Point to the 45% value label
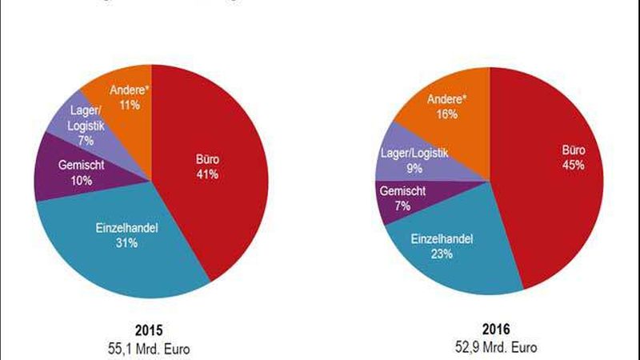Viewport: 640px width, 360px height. [x=573, y=166]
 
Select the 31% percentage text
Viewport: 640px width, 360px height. [x=125, y=242]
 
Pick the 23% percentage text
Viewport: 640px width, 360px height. [x=442, y=254]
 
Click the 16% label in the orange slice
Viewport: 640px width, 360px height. [x=447, y=114]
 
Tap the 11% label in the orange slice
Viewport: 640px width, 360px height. [x=126, y=103]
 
